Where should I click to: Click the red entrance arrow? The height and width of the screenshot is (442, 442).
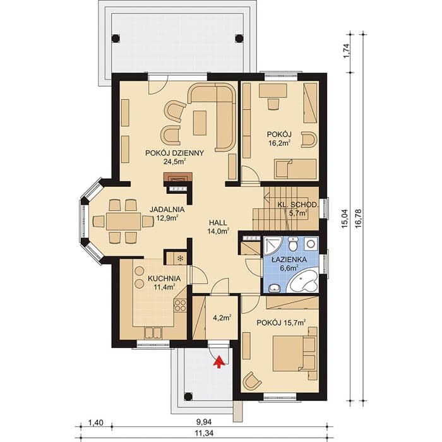(x=219, y=362)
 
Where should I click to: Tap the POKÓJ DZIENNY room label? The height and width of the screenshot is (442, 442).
(x=174, y=153)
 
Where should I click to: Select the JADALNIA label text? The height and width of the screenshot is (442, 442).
(x=167, y=210)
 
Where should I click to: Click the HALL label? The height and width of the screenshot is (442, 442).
(x=218, y=223)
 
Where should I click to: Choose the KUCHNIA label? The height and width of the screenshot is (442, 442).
(x=164, y=278)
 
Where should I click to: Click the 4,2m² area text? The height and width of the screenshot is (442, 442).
(x=222, y=318)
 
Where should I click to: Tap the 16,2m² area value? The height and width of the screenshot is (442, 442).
(x=279, y=143)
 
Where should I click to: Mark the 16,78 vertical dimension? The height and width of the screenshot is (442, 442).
(x=358, y=218)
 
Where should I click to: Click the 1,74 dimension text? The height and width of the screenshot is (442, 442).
(x=347, y=51)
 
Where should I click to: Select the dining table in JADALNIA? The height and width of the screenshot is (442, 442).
(x=124, y=221)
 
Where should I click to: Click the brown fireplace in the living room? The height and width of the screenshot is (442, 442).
(x=178, y=177)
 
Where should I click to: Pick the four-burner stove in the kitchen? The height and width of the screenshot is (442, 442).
(x=180, y=306)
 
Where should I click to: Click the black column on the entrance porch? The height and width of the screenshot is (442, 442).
(x=188, y=397)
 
